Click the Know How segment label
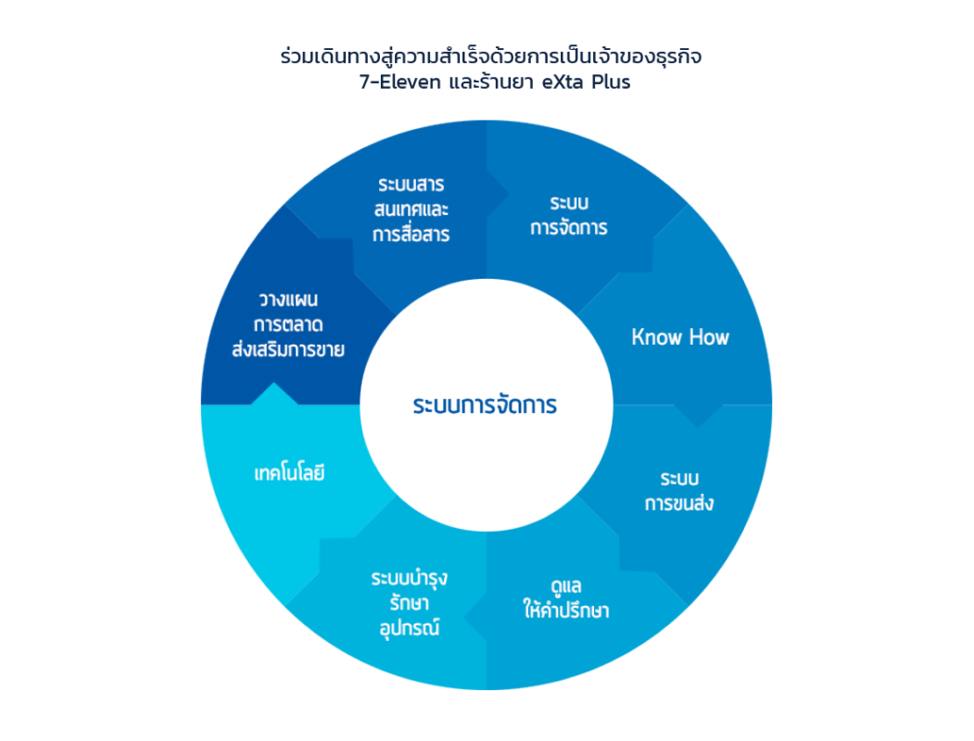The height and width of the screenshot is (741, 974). tap(680, 337)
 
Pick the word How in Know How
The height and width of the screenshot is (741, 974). tap(708, 337)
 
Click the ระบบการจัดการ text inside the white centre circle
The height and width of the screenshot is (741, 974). tap(485, 406)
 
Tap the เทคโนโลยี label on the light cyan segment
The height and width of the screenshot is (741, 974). tap(290, 473)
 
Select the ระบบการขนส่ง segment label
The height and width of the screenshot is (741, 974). tap(679, 491)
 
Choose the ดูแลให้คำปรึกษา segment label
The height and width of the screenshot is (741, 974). tap(564, 598)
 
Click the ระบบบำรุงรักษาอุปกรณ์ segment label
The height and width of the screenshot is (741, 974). tap(409, 603)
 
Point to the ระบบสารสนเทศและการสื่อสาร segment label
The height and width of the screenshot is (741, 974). tap(411, 208)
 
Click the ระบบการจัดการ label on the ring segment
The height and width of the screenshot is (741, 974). tap(569, 214)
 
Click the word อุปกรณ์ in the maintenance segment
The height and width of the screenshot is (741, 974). tap(409, 629)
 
